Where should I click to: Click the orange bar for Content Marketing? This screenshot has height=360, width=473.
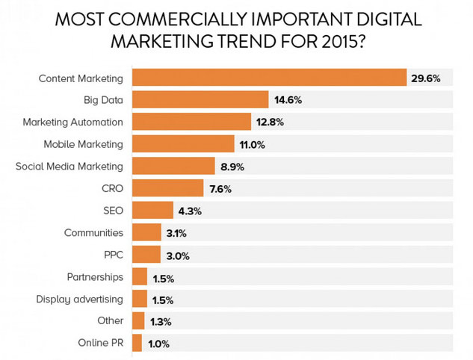[269, 78]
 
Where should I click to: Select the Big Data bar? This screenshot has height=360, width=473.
[200, 99]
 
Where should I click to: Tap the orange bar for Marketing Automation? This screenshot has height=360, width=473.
[191, 122]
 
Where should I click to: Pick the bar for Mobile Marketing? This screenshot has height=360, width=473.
[183, 144]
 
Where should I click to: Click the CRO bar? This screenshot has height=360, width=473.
[167, 188]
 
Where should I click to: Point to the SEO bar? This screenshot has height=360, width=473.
[152, 211]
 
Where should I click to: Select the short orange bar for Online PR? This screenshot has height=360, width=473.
[137, 344]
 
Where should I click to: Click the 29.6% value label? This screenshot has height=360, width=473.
[423, 78]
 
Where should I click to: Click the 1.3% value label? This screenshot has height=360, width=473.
[160, 322]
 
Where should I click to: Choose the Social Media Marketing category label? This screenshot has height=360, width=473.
[69, 167]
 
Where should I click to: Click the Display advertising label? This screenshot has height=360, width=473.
[79, 300]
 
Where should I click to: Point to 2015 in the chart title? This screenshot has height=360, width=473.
[330, 41]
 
